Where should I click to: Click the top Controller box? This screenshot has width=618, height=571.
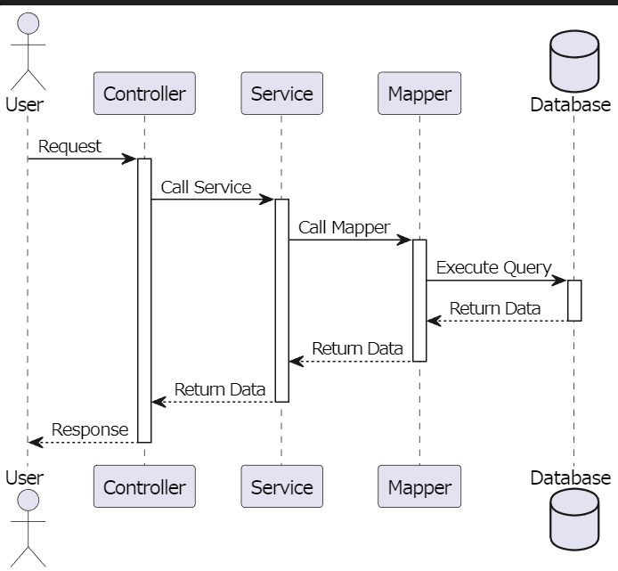(144, 94)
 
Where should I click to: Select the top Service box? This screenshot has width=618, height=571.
(281, 94)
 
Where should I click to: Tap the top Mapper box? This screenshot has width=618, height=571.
(419, 94)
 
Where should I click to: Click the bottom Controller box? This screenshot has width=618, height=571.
(144, 486)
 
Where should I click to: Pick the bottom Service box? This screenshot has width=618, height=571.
(281, 486)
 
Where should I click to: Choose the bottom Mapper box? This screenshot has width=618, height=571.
(419, 486)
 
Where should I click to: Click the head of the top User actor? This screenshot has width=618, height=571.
(28, 25)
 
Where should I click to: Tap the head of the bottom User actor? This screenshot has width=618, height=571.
(28, 501)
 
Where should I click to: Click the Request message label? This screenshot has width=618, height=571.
(69, 146)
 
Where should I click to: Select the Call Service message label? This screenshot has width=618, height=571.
(206, 187)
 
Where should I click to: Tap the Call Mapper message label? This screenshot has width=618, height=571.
(344, 227)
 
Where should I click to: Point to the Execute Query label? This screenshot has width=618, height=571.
(493, 267)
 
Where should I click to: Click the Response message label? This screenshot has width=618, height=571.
(90, 429)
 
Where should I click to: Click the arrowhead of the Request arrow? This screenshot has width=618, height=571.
(130, 159)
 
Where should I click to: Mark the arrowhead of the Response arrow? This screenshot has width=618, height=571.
(35, 442)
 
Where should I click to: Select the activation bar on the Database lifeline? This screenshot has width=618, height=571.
(574, 300)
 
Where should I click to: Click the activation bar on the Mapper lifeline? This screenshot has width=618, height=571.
(419, 300)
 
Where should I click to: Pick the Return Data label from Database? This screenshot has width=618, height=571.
(494, 308)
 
